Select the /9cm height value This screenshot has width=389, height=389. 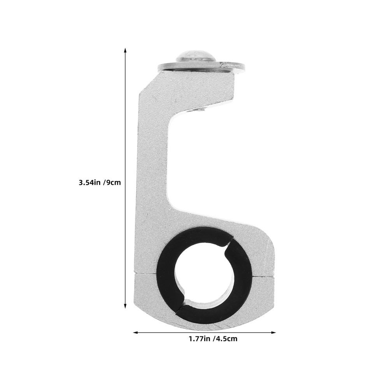[112, 182]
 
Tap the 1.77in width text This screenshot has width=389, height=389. [199, 338]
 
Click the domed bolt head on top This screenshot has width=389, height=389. [196, 56]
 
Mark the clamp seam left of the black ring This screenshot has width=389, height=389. [146, 273]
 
